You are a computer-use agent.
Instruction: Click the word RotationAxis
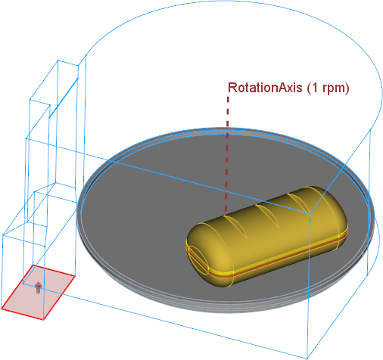click(265, 88)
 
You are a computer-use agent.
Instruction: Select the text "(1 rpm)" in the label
click(328, 88)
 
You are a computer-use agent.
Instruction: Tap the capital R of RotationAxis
click(232, 88)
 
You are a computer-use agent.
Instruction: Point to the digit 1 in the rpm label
click(314, 88)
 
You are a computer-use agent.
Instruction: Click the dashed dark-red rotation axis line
click(227, 154)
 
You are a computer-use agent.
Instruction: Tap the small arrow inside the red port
click(38, 287)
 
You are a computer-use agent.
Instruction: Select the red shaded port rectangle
click(38, 293)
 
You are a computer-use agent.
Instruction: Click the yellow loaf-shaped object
click(267, 236)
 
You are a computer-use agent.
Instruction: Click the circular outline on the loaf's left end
click(198, 259)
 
